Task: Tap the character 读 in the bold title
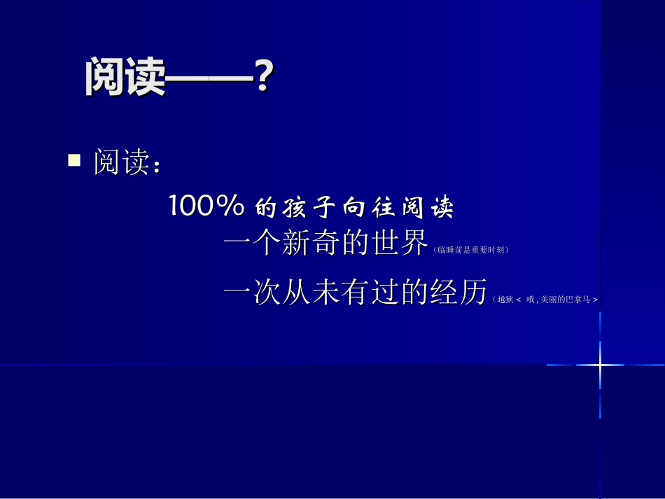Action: coord(145,76)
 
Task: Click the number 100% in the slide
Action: coord(206,206)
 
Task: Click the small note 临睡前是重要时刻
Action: coord(470,250)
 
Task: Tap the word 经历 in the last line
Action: coord(458,294)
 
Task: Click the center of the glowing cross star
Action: coord(600,365)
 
